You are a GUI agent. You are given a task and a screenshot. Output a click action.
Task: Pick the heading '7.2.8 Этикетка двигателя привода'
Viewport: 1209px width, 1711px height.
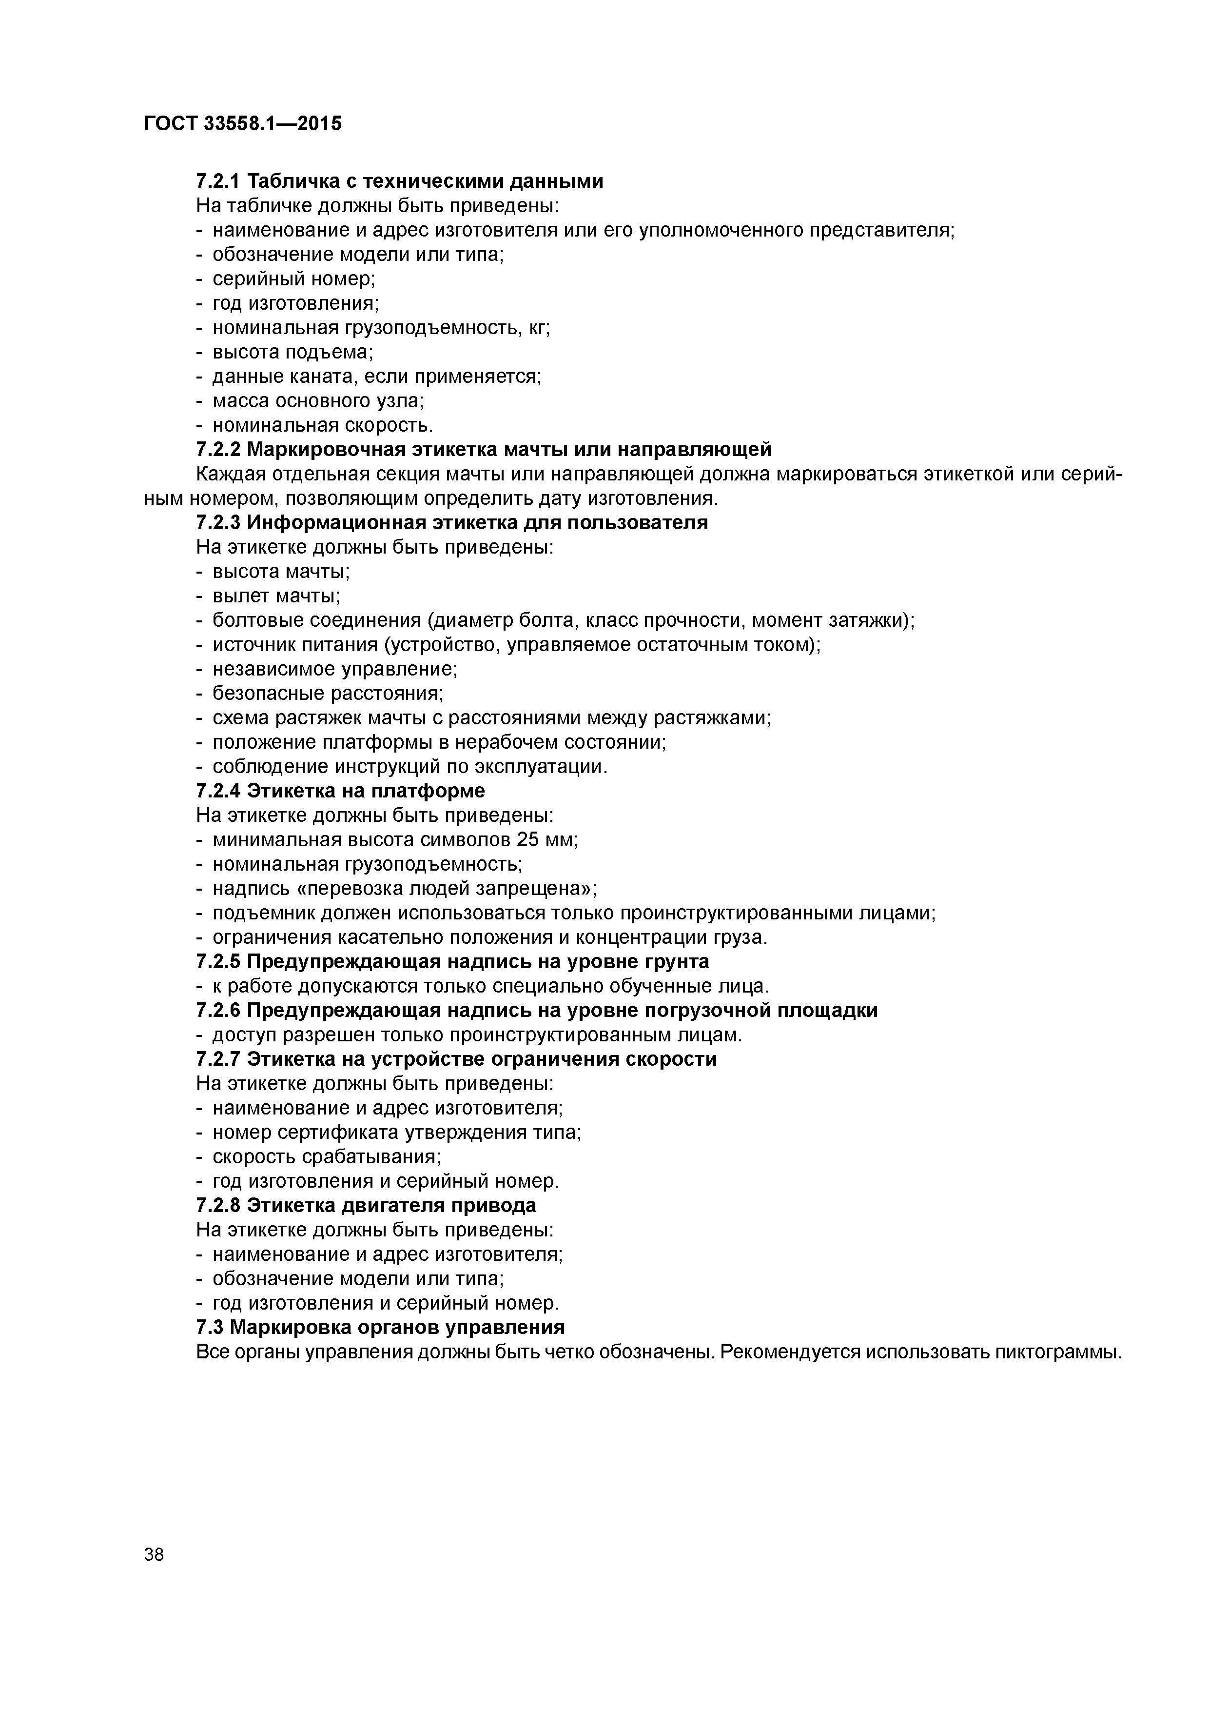(366, 1206)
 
